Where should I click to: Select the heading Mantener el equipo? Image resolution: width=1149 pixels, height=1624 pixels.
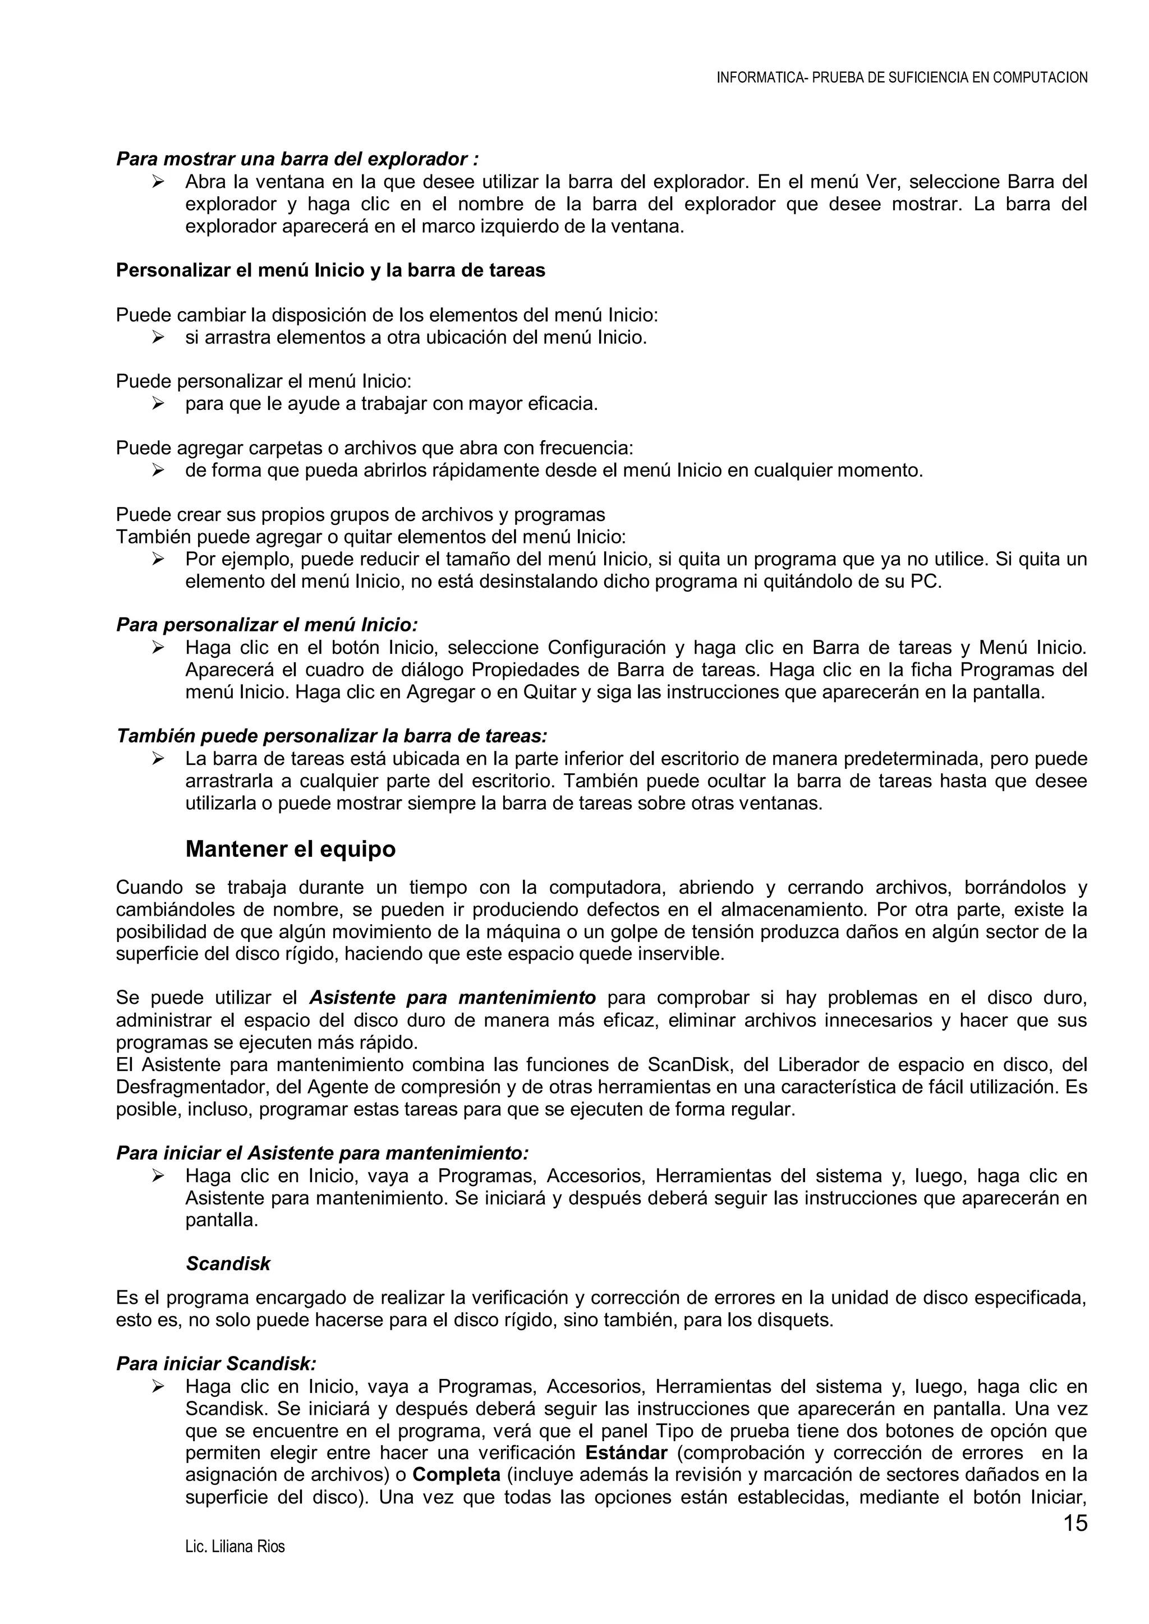pos(290,849)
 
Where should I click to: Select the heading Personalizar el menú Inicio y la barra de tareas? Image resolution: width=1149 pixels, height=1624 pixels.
pos(330,270)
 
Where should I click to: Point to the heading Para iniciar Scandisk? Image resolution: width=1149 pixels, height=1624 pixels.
pos(217,1364)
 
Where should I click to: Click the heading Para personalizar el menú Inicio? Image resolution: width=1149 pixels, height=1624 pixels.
pos(266,625)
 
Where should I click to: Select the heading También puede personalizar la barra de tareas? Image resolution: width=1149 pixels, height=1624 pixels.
pos(332,736)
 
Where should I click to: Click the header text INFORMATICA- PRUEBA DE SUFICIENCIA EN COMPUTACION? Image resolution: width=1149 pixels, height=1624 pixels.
pos(902,78)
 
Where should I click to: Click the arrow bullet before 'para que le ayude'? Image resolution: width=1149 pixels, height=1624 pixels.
pos(158,404)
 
